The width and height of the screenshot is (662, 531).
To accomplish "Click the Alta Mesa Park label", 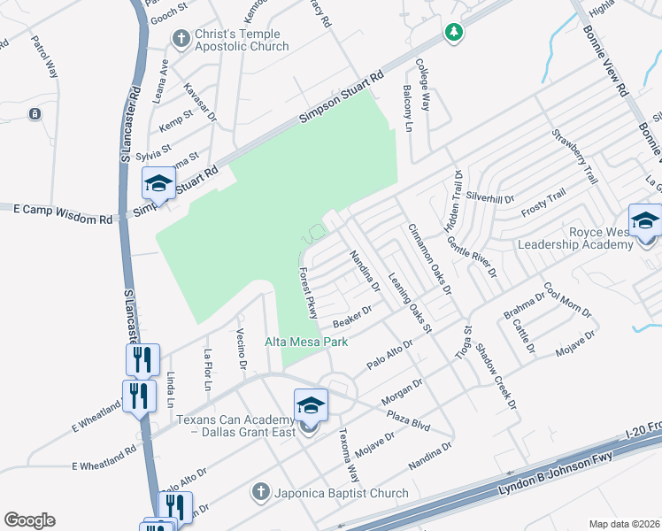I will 306,342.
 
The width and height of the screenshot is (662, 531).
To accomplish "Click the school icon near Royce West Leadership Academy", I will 644,220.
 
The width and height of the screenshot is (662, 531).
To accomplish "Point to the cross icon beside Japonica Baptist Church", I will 260,491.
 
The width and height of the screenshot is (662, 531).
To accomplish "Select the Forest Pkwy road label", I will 308,294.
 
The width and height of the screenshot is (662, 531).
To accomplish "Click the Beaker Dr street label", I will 351,315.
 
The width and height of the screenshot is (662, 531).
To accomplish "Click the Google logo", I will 29,520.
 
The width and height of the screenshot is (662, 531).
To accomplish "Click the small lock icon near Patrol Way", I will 34,113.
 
